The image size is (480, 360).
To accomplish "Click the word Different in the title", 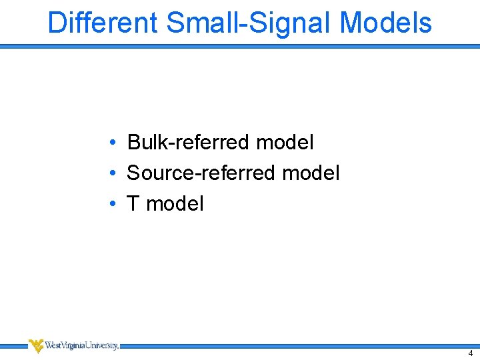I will point(103,23).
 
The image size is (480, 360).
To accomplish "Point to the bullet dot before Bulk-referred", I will point(115,142).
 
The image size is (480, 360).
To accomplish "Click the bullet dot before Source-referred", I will point(115,173).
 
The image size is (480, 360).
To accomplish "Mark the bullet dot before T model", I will point(115,204).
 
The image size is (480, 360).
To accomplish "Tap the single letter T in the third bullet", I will point(133,204).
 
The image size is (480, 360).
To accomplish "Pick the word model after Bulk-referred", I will point(285,142).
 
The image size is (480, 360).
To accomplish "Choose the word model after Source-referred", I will point(311,173).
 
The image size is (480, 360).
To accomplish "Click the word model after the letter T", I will point(175,204).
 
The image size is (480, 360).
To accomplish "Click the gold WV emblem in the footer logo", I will point(36,345).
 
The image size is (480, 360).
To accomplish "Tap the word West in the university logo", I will point(53,345).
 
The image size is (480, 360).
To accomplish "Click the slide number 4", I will point(471,353).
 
